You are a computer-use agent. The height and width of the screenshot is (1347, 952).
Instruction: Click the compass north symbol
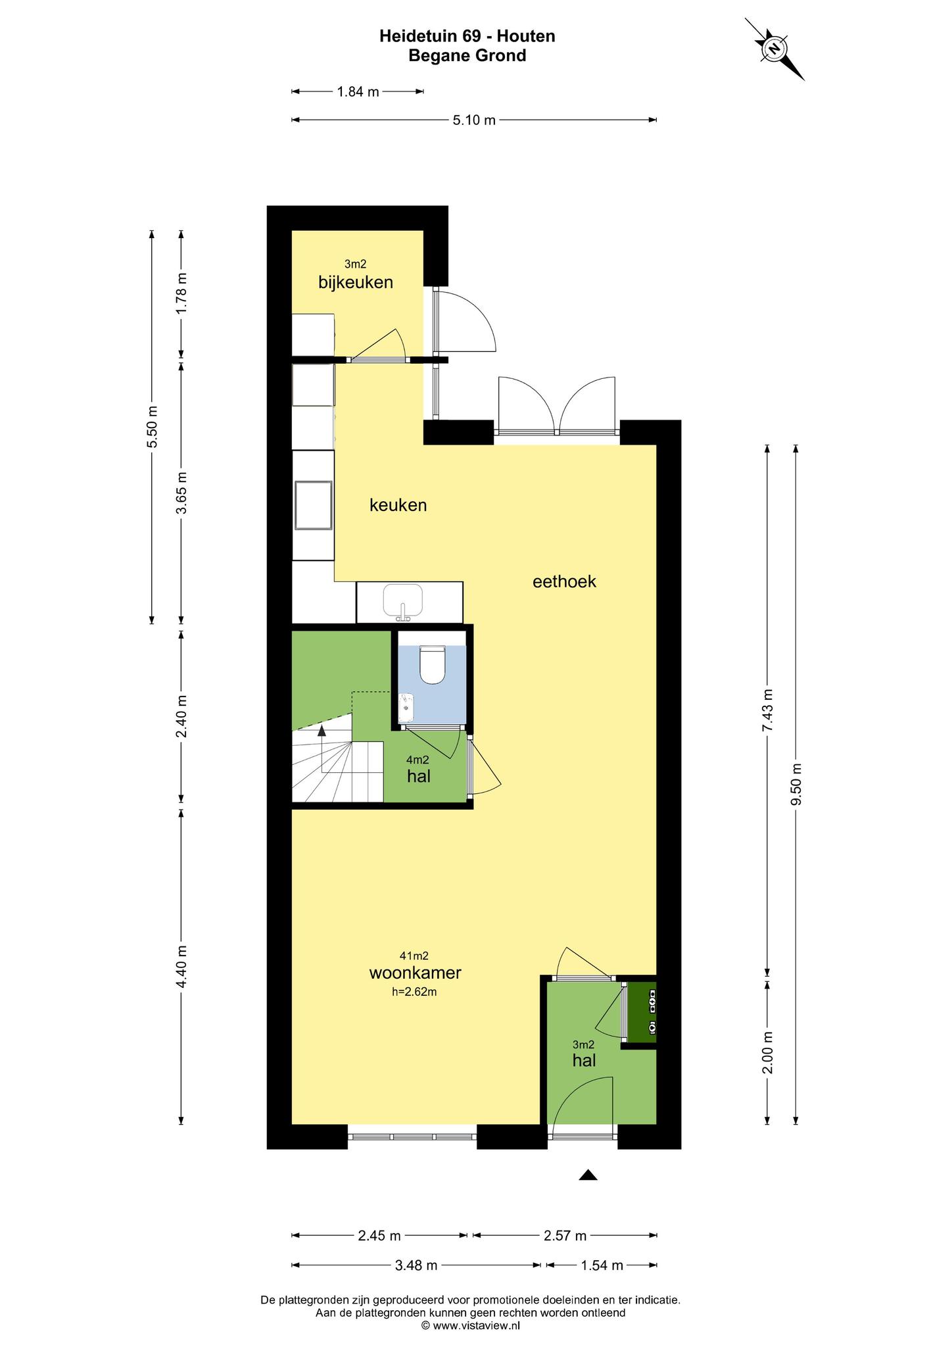point(774,49)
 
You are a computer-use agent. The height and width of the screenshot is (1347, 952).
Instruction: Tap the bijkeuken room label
point(356,282)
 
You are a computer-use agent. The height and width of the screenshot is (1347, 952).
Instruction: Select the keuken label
point(398,505)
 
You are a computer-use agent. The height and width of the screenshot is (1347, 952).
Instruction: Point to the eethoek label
point(564,581)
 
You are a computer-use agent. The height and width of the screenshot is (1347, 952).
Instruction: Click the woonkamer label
point(415,973)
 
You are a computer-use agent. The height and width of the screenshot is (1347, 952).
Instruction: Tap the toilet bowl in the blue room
point(433,665)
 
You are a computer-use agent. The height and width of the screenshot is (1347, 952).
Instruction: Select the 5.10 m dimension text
point(474,120)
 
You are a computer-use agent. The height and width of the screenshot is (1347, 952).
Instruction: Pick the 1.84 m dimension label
point(358,92)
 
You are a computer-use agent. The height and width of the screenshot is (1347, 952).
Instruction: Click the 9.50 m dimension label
point(796,783)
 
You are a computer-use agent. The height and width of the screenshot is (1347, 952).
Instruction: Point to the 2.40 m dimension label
point(182,716)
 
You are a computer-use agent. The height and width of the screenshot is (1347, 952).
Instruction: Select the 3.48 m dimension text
point(416,1265)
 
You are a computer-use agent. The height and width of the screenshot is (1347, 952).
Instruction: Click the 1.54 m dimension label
point(602,1265)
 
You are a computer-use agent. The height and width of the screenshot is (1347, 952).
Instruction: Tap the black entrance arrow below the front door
point(588,1175)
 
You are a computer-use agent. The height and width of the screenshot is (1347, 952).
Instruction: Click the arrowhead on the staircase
point(321,729)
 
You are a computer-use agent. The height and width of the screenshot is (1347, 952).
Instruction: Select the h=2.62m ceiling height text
point(414,992)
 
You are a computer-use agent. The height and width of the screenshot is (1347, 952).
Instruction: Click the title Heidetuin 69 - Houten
point(467,36)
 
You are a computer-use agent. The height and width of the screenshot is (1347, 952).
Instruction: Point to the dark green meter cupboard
point(642,1013)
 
